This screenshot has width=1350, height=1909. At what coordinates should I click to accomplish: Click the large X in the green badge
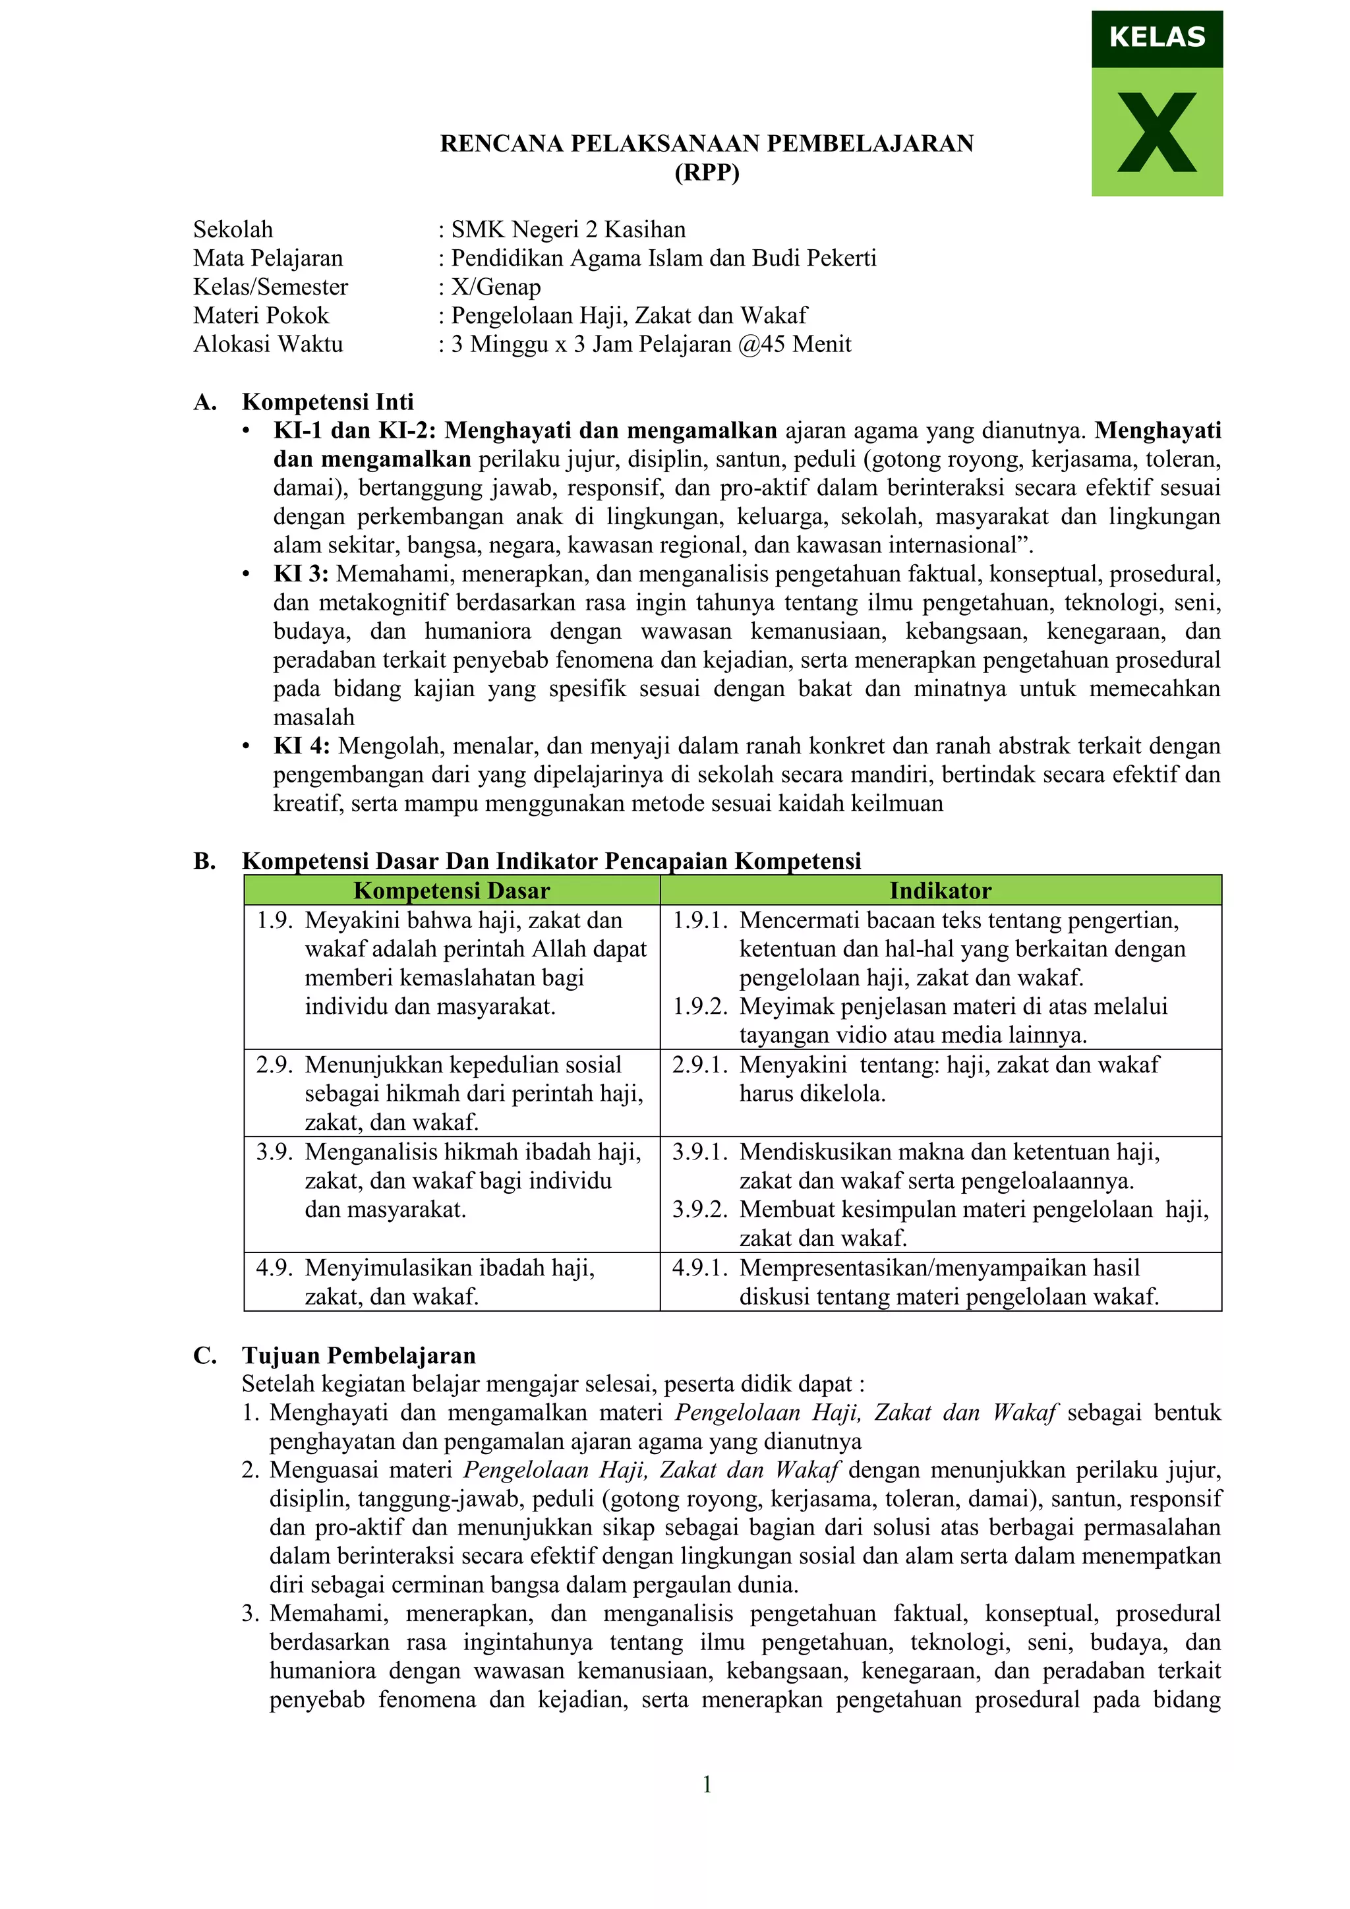(1156, 133)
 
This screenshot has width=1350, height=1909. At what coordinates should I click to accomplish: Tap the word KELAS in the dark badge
(1156, 38)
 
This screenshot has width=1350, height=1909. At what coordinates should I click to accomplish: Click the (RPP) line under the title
(707, 172)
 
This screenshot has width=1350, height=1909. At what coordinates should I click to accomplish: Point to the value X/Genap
(496, 287)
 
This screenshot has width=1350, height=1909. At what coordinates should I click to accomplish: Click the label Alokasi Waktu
(268, 344)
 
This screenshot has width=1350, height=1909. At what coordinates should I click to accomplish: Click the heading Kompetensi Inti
(328, 402)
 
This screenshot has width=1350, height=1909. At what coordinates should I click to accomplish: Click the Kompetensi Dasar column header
(452, 891)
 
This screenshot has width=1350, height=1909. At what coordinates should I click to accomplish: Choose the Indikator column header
(940, 891)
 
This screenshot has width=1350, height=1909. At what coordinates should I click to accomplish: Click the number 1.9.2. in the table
(700, 1007)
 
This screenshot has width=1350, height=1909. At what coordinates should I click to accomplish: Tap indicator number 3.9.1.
(700, 1152)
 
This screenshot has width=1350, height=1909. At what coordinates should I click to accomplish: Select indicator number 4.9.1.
(700, 1268)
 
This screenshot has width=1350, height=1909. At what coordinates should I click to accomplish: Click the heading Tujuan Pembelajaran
(359, 1355)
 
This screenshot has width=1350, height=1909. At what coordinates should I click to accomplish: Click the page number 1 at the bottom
(707, 1784)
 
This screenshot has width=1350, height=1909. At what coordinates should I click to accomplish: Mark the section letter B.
(204, 862)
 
